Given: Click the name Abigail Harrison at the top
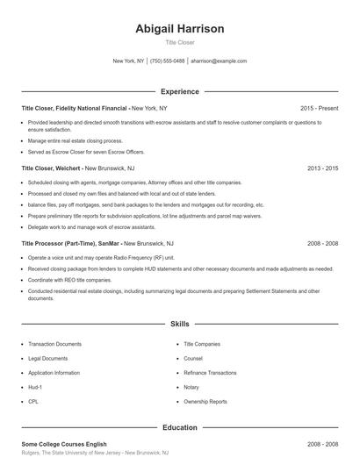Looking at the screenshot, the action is click(x=180, y=29).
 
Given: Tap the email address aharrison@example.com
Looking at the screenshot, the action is click(x=219, y=61).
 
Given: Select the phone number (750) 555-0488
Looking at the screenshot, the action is click(x=167, y=61).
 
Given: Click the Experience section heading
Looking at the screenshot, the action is click(x=180, y=91).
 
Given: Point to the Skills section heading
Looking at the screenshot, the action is click(x=180, y=324).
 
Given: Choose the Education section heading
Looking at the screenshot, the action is click(x=180, y=427).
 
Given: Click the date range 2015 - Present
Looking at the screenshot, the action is click(x=319, y=108).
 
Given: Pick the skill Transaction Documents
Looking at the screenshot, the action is click(x=54, y=345).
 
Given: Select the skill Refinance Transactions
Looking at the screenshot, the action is click(x=212, y=373).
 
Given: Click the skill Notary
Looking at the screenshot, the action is click(x=191, y=387).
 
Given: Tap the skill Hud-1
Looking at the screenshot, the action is click(x=35, y=387).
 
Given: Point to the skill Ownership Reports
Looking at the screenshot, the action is click(x=205, y=401).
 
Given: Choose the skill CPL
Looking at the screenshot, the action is click(x=33, y=401).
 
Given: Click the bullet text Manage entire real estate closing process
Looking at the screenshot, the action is click(x=76, y=140).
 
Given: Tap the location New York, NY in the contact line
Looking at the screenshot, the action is click(x=129, y=61).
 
